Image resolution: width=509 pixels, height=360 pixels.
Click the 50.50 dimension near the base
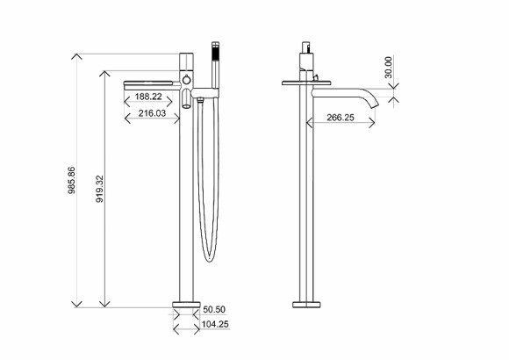(x=214, y=310)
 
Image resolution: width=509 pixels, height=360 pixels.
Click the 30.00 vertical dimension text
(x=388, y=67)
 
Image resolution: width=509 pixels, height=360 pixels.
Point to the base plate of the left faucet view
(x=185, y=305)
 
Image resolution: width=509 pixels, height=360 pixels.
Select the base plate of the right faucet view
(x=308, y=305)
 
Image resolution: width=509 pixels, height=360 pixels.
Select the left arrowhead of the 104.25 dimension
(x=174, y=331)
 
